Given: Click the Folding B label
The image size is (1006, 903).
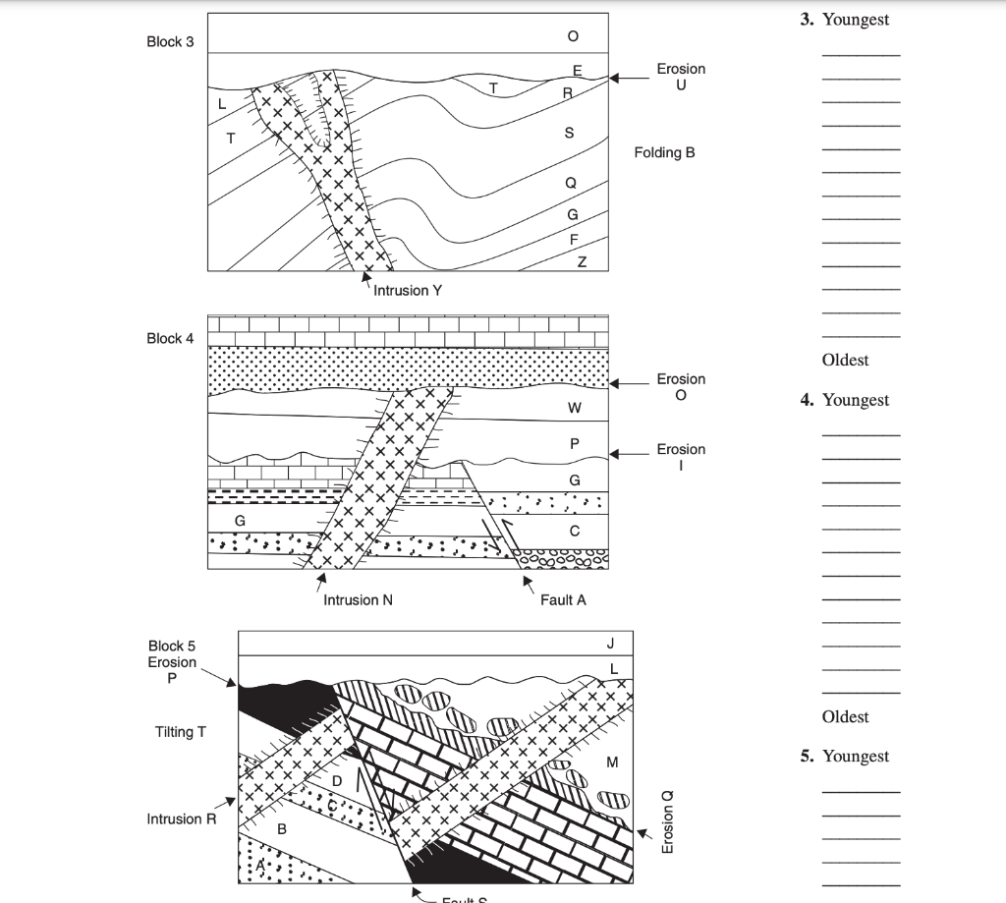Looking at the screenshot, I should [x=664, y=152].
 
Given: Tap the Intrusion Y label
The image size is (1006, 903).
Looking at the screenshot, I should [x=408, y=290].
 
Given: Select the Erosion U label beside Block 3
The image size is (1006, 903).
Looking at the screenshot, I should [x=681, y=77].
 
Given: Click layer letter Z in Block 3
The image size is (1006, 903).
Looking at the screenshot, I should [x=582, y=261].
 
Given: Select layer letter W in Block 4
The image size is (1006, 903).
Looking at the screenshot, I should [x=575, y=408].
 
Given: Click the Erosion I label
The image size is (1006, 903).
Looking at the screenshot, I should [x=681, y=457].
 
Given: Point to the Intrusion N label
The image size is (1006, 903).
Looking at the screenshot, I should [x=358, y=599].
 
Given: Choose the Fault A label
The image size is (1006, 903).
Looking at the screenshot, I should [x=563, y=599].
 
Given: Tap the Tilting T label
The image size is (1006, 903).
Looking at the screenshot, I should [x=181, y=732].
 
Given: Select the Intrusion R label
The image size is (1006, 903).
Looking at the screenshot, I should [x=181, y=818].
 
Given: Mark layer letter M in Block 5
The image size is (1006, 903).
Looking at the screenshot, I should [x=613, y=762].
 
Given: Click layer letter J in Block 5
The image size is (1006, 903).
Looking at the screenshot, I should [x=610, y=644].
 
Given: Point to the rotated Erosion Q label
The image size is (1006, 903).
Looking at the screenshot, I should [x=669, y=820].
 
